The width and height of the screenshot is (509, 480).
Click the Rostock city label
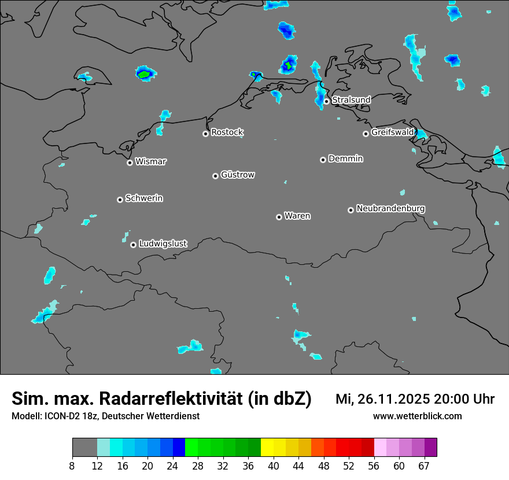(x=227, y=132)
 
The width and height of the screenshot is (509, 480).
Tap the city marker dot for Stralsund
(x=327, y=101)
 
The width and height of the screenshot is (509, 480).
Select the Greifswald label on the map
(x=392, y=132)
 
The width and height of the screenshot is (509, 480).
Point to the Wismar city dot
(x=130, y=163)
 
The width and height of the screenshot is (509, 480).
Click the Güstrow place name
(x=238, y=175)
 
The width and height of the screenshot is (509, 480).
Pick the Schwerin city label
(x=144, y=198)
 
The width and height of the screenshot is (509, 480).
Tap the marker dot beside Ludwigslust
(x=133, y=245)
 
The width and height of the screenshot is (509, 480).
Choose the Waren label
(x=297, y=216)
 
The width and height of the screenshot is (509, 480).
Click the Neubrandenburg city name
(x=390, y=208)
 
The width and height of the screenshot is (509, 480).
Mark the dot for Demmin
(x=323, y=160)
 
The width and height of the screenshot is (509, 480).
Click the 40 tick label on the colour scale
(x=273, y=466)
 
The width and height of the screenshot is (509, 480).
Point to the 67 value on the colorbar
(x=424, y=466)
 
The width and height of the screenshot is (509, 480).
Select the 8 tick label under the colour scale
(x=72, y=466)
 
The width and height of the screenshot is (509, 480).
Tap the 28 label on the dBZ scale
(x=197, y=466)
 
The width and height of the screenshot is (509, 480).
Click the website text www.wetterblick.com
(x=417, y=416)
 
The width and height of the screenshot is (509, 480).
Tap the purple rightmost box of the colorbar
(x=430, y=448)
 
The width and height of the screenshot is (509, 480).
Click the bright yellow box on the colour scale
(x=267, y=448)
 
